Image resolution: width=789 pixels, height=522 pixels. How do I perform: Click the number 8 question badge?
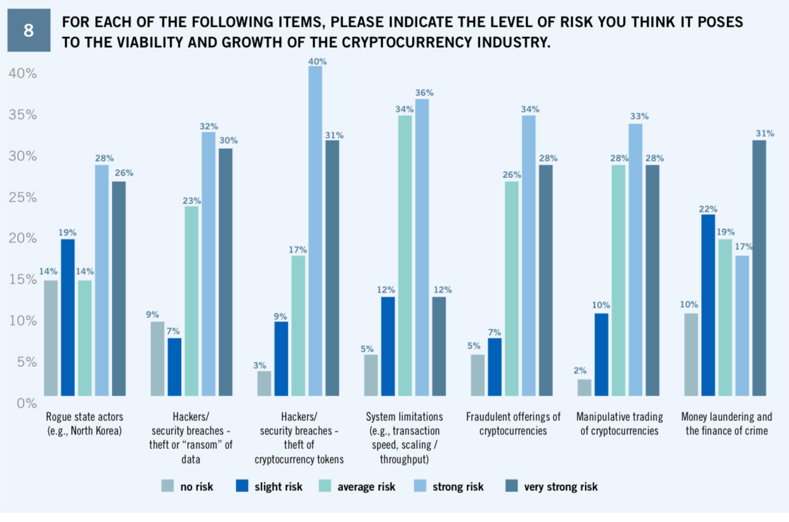pyautogui.click(x=29, y=31)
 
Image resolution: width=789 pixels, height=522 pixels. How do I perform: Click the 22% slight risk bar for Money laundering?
pyautogui.click(x=708, y=305)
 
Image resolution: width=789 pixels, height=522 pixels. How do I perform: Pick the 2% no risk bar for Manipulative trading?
pyautogui.click(x=584, y=387)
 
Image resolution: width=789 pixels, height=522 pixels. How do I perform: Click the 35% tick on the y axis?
pyautogui.click(x=23, y=115)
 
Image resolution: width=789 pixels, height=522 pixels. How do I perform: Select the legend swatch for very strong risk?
pyautogui.click(x=511, y=487)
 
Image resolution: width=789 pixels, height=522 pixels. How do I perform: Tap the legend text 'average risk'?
pyautogui.click(x=366, y=487)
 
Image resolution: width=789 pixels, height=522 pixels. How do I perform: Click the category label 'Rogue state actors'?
pyautogui.click(x=85, y=418)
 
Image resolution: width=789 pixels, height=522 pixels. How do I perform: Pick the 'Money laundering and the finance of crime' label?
pyautogui.click(x=727, y=424)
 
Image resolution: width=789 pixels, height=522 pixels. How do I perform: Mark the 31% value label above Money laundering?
pyautogui.click(x=765, y=134)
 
